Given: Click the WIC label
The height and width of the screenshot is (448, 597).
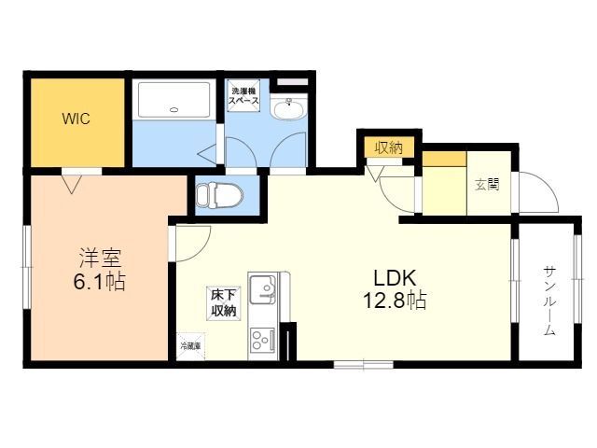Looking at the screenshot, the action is (76, 119).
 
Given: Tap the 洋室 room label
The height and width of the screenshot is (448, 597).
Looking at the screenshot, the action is (100, 258).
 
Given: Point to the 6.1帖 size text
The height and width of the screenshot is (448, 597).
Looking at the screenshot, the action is (100, 282).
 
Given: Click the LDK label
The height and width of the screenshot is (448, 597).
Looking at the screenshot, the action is (395, 278).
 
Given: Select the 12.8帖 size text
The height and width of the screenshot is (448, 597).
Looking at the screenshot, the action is (395, 300).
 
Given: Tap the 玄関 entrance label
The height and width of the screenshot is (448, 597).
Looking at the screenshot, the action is (488, 185).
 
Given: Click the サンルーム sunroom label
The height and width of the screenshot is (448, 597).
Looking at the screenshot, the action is (548, 301).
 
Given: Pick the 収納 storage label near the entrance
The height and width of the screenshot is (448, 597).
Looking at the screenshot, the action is (389, 147).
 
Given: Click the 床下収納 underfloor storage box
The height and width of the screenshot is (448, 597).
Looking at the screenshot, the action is (224, 303).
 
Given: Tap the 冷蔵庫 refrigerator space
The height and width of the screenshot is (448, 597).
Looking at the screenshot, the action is (190, 346).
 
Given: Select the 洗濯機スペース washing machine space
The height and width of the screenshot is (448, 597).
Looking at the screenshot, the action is (243, 96).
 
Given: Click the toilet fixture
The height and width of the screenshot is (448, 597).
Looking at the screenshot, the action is (220, 195).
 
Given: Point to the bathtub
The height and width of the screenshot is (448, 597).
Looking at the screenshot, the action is (174, 100).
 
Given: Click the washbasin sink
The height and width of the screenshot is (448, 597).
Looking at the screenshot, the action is (288, 108).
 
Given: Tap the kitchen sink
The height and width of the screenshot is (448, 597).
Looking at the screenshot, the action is (263, 288).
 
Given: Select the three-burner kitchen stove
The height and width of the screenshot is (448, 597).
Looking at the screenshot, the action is (263, 340).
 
